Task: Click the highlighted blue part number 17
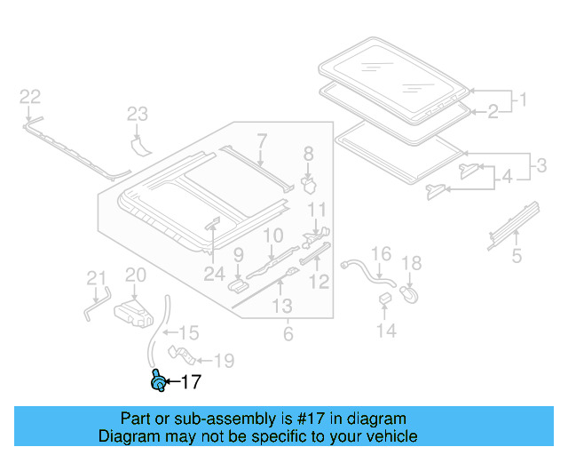point(158,381)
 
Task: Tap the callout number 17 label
point(191,382)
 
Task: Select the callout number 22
point(30,97)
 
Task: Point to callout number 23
point(138,114)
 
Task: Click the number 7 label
point(262,141)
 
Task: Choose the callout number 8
point(308,154)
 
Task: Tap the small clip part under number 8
point(309,185)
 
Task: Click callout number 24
point(215,274)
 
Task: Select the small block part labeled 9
point(238,285)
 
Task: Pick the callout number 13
point(282,306)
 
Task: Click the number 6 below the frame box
point(288,333)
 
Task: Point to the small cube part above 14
point(385,298)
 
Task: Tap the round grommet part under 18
point(409,293)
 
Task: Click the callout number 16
point(381,253)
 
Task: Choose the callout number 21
point(96,278)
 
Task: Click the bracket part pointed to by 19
point(182,355)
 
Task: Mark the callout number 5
point(517,255)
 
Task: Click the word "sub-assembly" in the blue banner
point(225,419)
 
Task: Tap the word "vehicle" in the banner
point(395,436)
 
